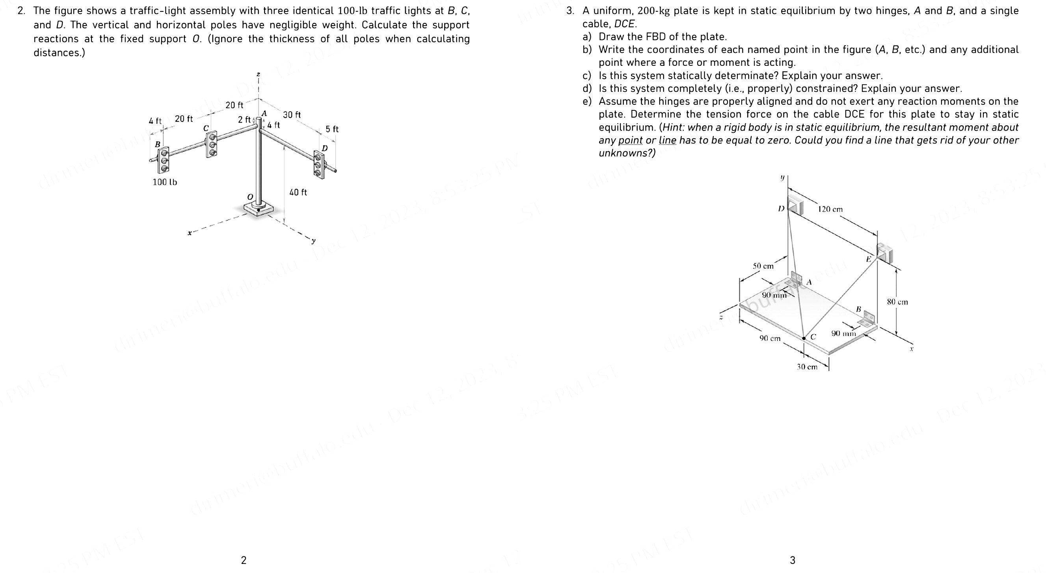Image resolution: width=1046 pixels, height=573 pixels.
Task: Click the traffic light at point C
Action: click(211, 144)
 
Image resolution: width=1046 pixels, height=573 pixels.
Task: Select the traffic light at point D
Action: click(320, 164)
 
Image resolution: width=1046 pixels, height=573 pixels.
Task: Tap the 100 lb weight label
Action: click(164, 182)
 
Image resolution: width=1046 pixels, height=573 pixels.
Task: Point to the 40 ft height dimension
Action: click(298, 192)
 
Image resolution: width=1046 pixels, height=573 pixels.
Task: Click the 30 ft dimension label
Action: click(292, 115)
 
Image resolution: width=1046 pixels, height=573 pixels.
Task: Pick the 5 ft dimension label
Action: click(332, 129)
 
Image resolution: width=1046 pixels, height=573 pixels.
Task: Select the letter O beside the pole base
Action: click(250, 197)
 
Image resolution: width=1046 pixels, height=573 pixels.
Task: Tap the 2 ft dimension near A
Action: click(244, 120)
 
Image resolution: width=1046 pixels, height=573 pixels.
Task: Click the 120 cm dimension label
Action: click(830, 210)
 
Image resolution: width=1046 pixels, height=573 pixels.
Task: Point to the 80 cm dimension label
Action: click(897, 302)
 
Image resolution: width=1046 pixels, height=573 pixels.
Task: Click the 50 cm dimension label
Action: click(763, 266)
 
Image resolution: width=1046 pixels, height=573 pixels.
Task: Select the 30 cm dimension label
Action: click(807, 367)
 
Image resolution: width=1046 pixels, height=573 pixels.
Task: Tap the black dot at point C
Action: click(804, 338)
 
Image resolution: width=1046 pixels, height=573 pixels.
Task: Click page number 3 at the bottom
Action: click(792, 560)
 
